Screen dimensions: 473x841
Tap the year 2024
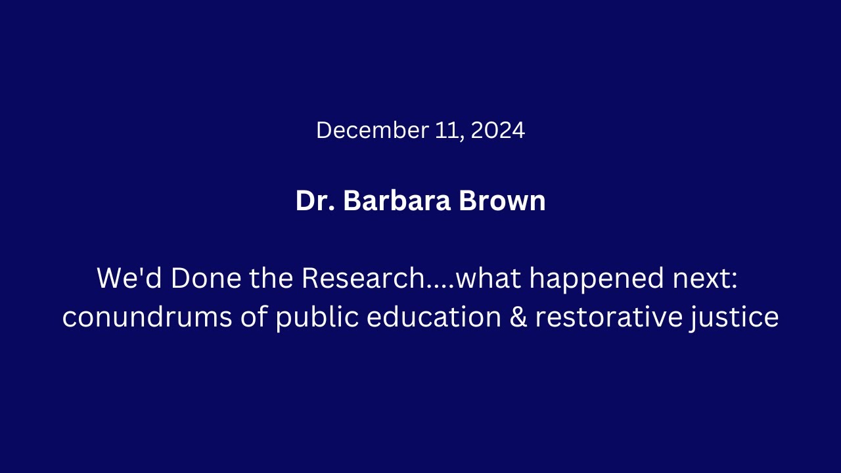(x=497, y=130)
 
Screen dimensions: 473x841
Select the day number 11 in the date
(x=449, y=130)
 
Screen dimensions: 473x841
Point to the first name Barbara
(x=397, y=201)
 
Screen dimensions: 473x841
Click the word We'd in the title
(x=129, y=279)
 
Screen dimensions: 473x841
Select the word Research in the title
(x=363, y=279)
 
